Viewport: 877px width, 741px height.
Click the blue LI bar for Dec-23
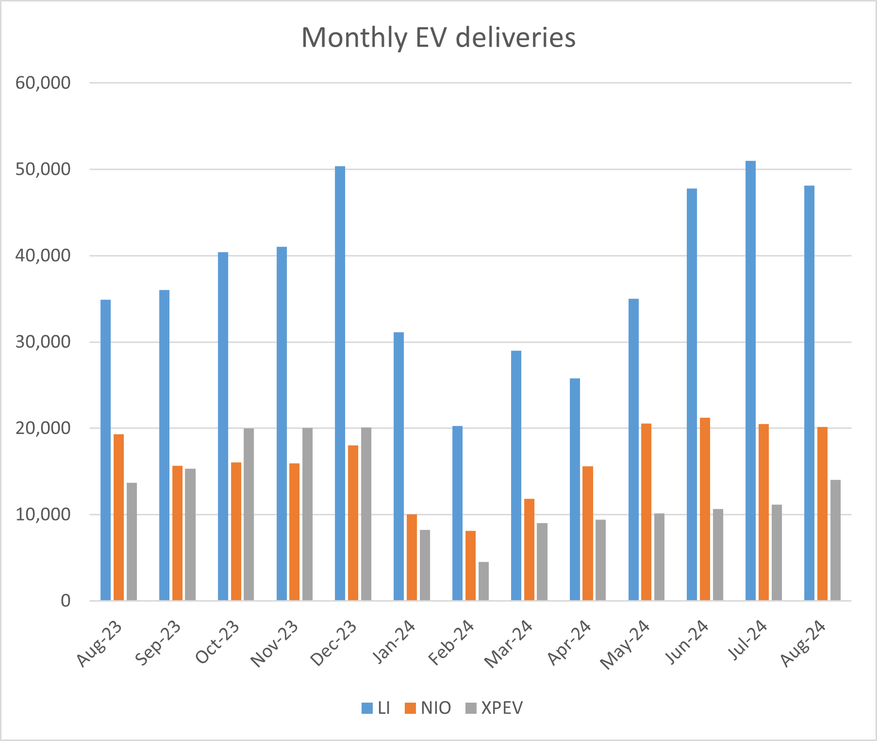pos(340,384)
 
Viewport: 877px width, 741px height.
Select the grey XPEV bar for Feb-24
pos(483,581)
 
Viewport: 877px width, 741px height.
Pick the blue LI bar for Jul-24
pos(750,381)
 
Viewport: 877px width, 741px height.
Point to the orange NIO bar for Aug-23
pos(118,517)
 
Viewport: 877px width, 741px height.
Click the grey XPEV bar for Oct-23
pos(248,514)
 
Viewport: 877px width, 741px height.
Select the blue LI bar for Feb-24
pos(457,513)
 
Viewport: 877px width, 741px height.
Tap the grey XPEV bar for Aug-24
pos(835,540)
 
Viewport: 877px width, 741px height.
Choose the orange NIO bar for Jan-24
pos(412,557)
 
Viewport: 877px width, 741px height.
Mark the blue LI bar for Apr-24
pos(575,489)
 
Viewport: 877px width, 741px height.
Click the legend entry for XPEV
pos(495,708)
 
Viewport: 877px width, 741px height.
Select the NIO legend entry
pos(428,708)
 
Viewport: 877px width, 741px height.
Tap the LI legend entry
pos(376,708)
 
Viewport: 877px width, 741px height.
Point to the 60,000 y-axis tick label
pos(43,83)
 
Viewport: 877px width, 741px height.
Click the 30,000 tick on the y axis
pos(43,342)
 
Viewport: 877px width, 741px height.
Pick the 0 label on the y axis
pos(65,601)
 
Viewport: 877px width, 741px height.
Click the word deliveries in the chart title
pos(515,37)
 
